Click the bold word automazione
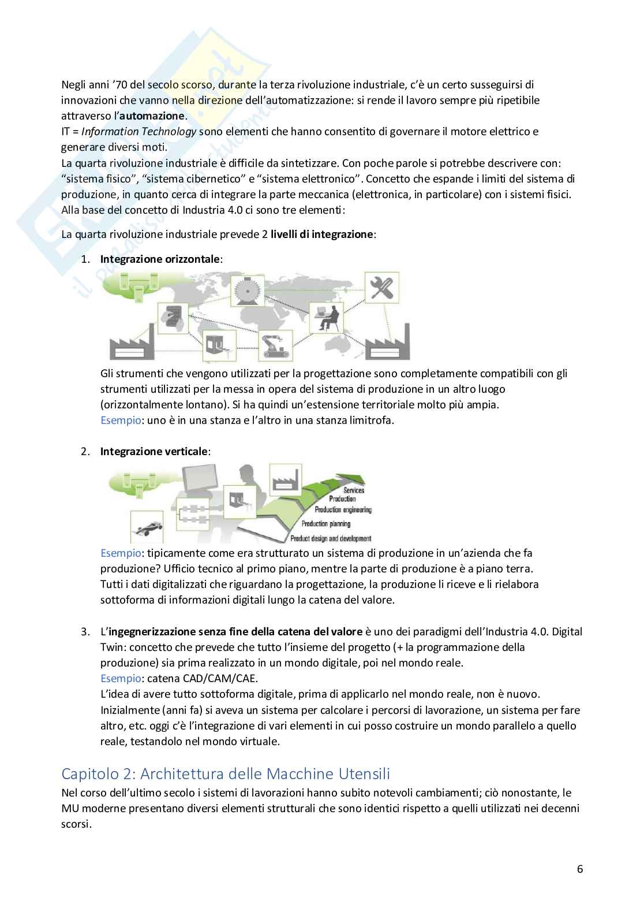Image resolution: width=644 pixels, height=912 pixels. [152, 116]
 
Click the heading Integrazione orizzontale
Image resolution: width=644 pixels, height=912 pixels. [160, 259]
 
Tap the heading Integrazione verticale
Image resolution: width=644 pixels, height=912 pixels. [153, 452]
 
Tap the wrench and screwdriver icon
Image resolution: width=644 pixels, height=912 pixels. [381, 288]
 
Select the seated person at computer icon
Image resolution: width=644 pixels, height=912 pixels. [326, 318]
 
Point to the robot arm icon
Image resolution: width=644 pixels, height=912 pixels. [275, 345]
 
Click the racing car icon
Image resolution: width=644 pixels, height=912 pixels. [147, 527]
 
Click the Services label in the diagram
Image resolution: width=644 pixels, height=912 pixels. [354, 490]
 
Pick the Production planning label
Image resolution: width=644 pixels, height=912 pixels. [326, 524]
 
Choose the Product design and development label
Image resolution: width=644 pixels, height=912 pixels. [331, 539]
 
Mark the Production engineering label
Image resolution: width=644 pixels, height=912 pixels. [343, 510]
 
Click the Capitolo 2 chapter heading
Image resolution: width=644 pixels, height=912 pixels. [226, 773]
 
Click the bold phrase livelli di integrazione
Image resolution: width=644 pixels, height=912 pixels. [322, 234]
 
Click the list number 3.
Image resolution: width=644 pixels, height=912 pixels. [85, 632]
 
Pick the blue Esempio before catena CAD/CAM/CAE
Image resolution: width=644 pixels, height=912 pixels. [121, 679]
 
